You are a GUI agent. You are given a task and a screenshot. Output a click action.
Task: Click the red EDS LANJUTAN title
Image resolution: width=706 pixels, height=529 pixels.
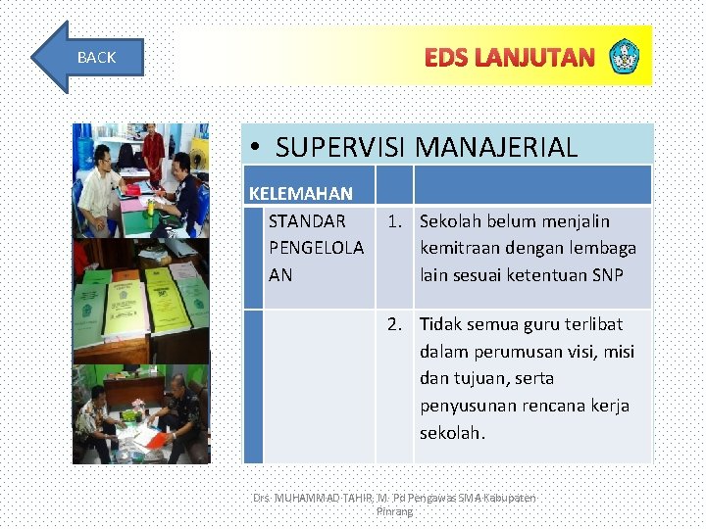[509, 58]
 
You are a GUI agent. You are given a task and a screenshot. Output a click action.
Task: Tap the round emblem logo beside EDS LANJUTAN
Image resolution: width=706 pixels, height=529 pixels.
[624, 57]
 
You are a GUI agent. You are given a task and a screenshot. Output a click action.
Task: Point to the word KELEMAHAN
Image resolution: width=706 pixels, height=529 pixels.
[301, 194]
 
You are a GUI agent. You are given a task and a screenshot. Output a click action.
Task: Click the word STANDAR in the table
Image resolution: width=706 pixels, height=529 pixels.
[307, 221]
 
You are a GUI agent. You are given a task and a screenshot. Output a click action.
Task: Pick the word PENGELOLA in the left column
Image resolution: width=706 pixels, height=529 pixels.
[316, 248]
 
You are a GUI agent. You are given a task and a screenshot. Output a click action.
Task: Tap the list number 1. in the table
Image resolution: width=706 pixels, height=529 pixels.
[396, 221]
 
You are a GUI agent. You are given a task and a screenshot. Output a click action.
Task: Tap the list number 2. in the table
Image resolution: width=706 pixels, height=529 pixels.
[396, 324]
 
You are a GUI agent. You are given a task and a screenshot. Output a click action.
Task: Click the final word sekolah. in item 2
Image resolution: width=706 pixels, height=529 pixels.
[452, 433]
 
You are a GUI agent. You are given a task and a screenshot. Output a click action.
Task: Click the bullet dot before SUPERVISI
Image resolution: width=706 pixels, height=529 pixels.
[254, 148]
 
